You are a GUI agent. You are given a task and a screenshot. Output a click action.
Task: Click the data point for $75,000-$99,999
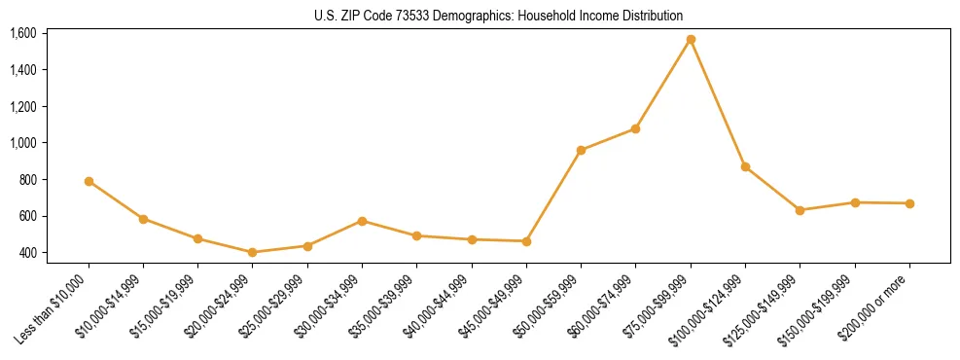click(691, 40)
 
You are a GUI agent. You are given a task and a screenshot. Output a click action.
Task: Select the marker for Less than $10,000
click(89, 181)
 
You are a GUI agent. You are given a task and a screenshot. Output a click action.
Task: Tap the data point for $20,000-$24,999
click(253, 252)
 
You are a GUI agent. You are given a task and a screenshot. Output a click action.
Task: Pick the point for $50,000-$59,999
click(581, 150)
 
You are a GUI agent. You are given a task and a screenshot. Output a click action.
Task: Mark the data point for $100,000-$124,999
click(745, 167)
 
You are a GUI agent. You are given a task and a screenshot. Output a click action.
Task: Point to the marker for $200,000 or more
click(909, 203)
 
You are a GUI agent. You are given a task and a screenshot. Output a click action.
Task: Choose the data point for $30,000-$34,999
click(362, 221)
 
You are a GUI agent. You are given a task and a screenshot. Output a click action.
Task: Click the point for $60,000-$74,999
click(635, 128)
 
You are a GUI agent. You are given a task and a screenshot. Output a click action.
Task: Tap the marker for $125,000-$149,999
click(800, 210)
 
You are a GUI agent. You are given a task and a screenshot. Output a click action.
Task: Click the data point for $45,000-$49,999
click(526, 241)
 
